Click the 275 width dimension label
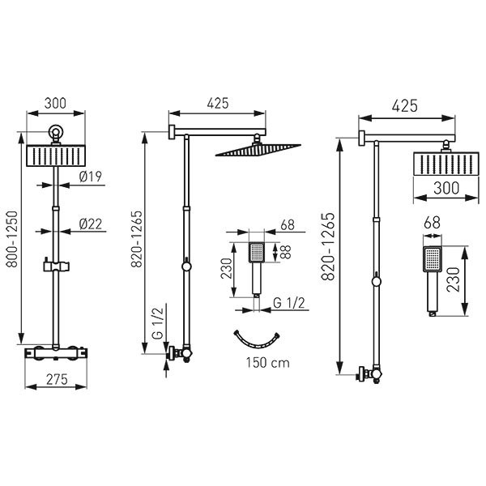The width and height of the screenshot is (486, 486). [57, 379]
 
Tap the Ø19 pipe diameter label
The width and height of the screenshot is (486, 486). [91, 177]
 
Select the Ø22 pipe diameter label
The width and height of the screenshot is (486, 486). [91, 224]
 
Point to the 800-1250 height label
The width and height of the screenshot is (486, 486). [13, 239]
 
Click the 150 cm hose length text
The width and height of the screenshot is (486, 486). [268, 362]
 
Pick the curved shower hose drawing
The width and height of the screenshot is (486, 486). [257, 344]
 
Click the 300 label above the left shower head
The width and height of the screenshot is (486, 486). [55, 103]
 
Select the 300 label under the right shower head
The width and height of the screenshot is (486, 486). [446, 188]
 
